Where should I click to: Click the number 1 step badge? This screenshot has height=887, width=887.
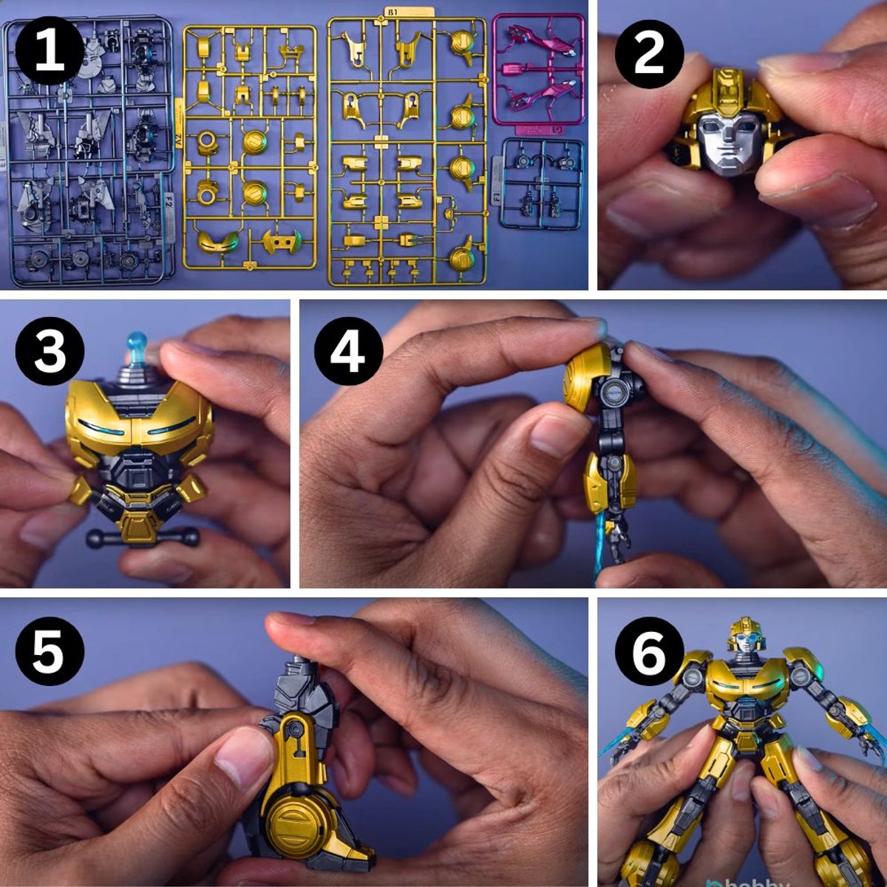pos(50,52)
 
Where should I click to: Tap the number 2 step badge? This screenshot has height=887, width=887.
pos(649,52)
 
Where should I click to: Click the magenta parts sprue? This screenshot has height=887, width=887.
pos(538,70)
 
